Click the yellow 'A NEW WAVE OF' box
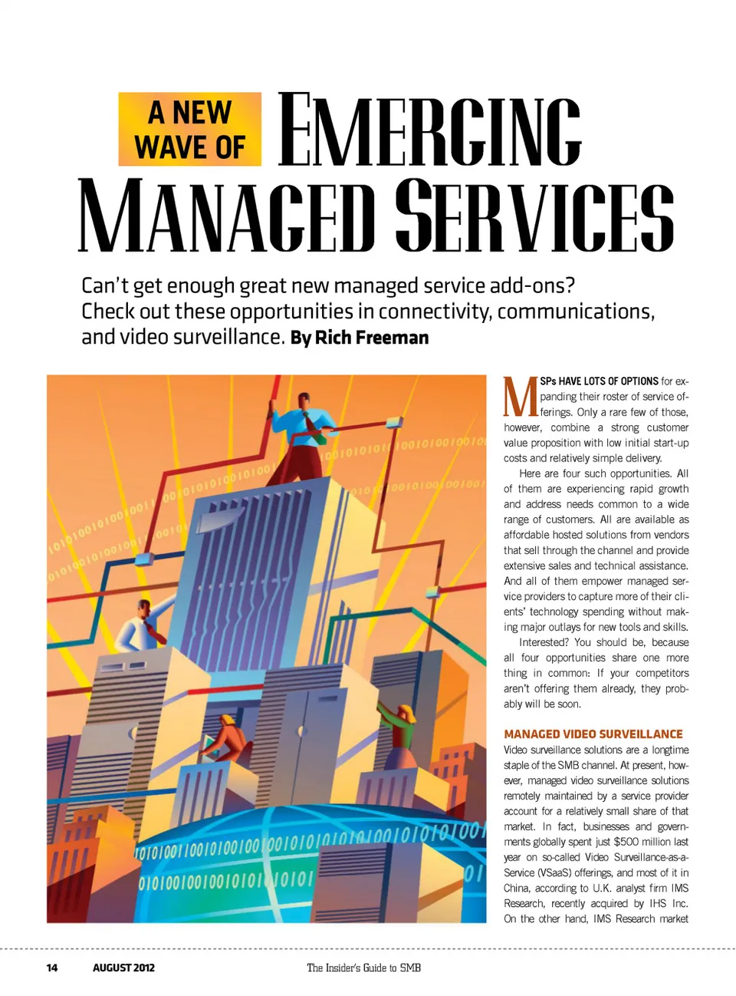pos(189,129)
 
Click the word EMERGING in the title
pos(429,130)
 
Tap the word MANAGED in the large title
pos(227,216)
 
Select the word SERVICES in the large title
pos(534,216)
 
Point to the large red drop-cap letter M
pos(521,397)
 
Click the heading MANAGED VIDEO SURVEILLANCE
pos(593,734)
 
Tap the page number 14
pos(51,968)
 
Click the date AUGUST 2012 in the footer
pos(123,968)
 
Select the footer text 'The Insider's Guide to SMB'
pos(363,968)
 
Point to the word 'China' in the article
pos(516,888)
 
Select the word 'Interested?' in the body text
pos(544,642)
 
